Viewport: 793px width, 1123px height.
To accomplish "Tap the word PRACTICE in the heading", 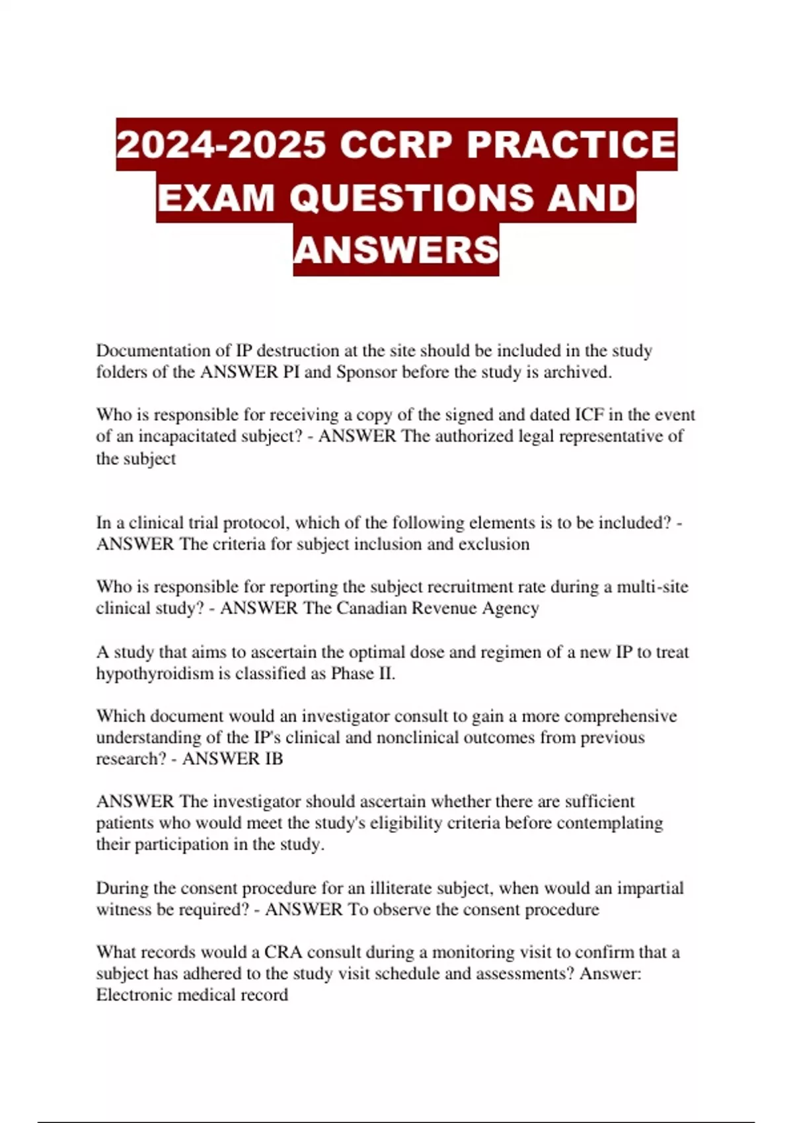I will [572, 145].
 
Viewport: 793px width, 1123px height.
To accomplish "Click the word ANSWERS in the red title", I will [397, 250].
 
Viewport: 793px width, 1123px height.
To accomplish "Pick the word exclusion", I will [494, 544].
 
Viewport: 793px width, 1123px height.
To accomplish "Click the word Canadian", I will [371, 608].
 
